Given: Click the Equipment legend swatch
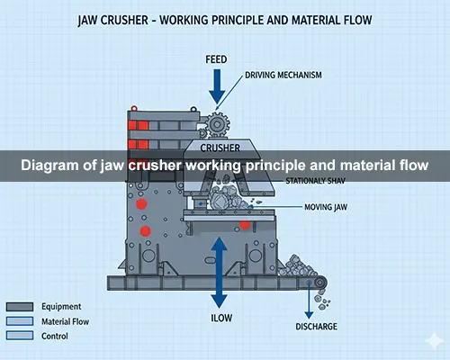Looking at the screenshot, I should [x=20, y=307].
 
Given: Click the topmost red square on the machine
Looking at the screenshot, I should [x=140, y=122].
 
